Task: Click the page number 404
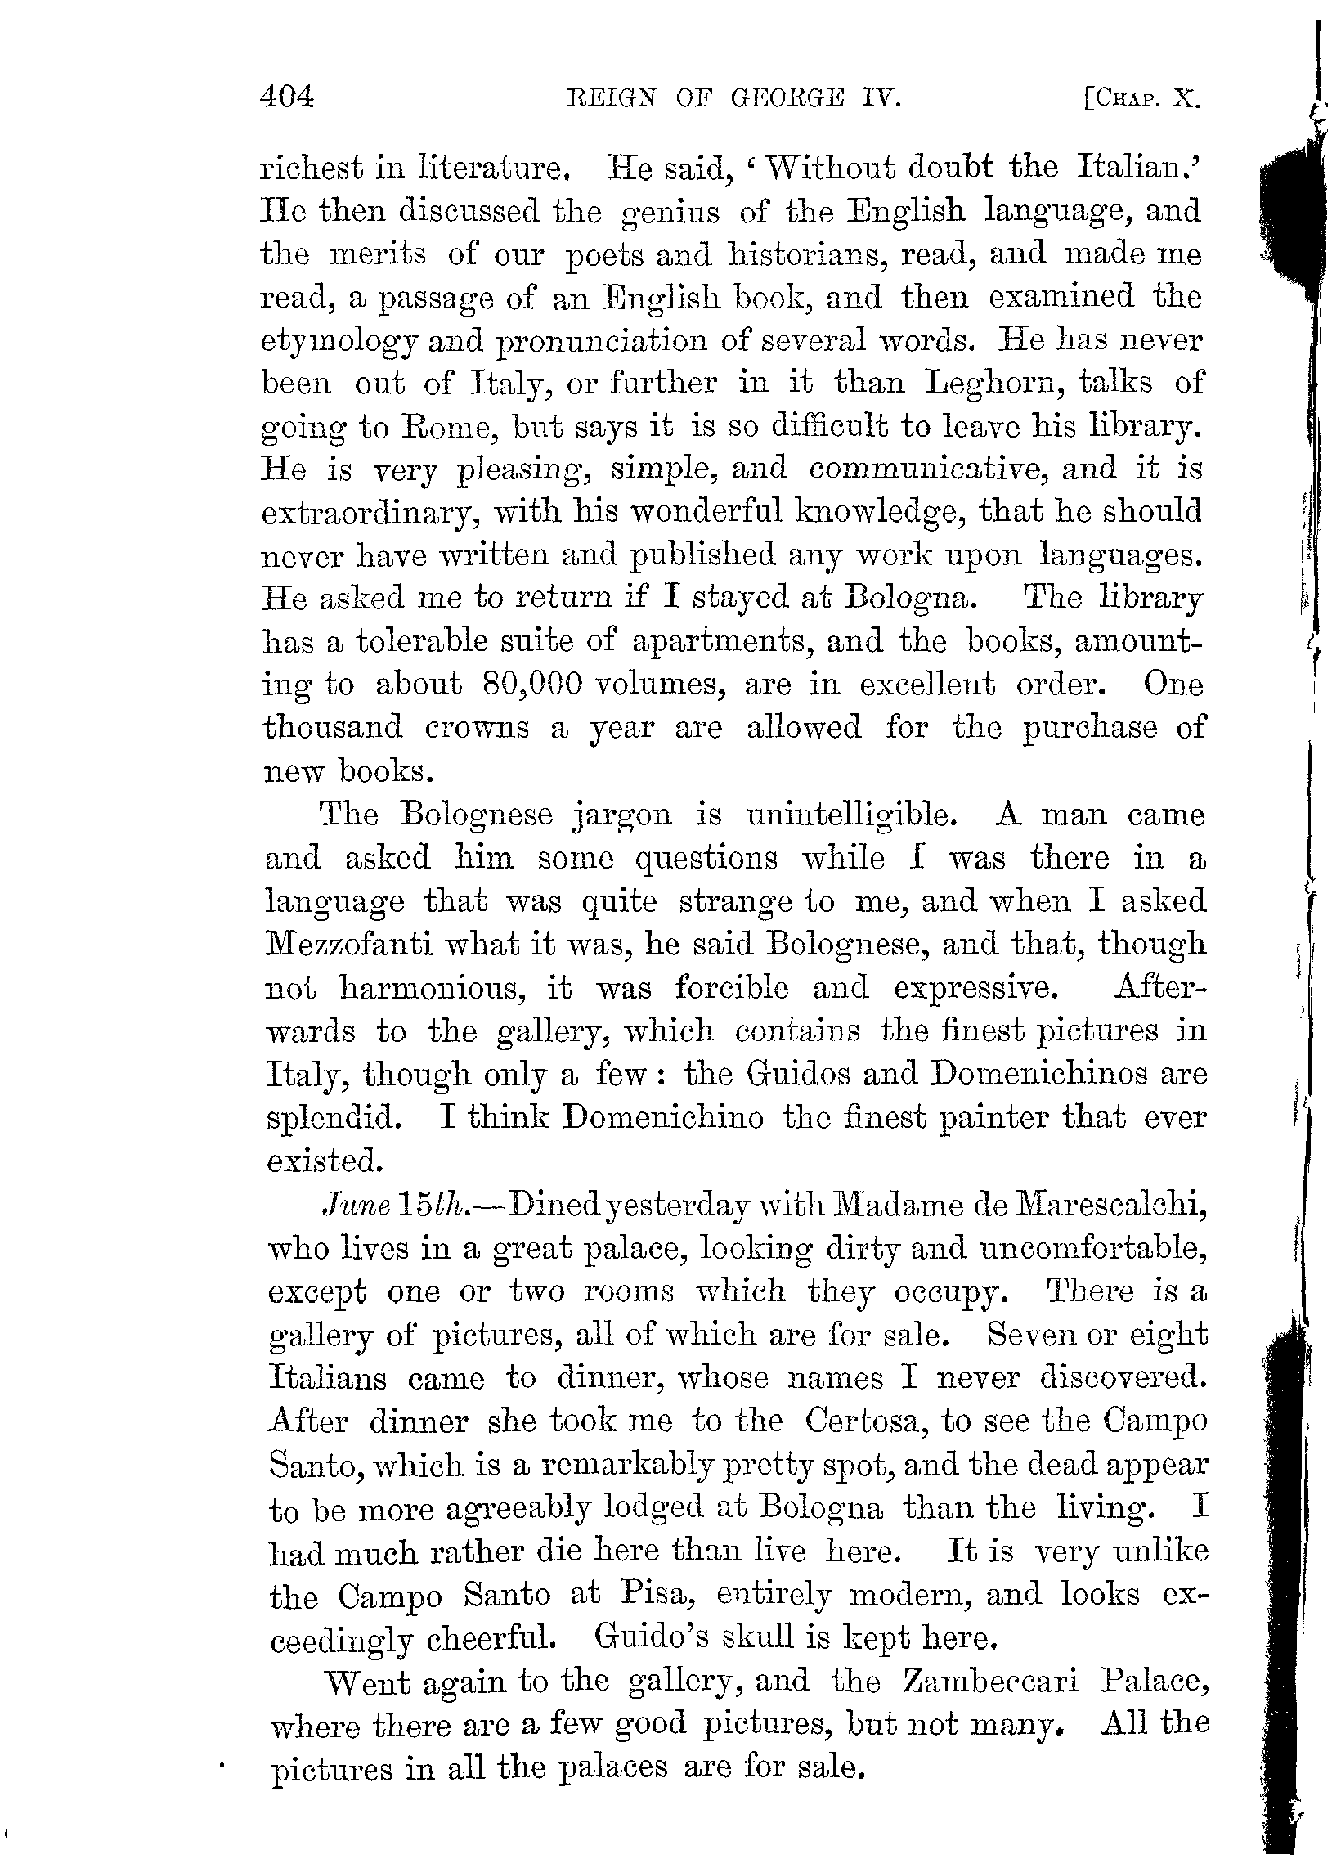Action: (x=286, y=98)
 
